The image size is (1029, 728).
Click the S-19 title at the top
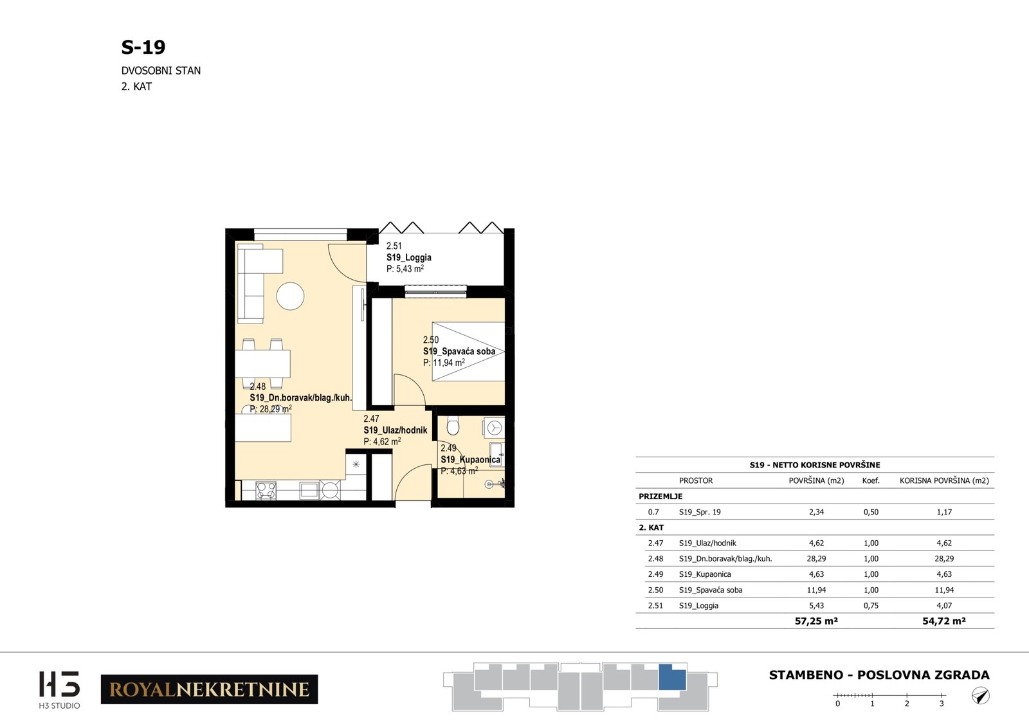point(143,47)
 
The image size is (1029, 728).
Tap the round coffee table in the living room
point(290,296)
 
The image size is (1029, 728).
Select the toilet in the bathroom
point(453,426)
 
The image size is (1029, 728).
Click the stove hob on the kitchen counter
point(266,490)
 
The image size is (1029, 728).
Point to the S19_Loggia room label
point(408,258)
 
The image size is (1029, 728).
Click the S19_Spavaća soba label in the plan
point(459,351)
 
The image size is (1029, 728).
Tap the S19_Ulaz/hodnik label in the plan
point(395,430)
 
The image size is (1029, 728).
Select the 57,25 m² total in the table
point(816,621)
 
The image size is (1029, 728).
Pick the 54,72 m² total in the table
point(944,621)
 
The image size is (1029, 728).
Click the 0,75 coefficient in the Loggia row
point(871,605)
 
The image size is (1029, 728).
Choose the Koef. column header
point(871,480)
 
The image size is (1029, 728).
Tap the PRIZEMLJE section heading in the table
point(660,496)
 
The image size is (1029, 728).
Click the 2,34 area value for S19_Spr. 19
point(816,512)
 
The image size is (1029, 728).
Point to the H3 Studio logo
point(59,689)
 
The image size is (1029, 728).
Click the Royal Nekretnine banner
point(210,689)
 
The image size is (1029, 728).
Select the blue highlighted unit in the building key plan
point(672,677)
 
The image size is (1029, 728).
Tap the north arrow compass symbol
point(980,696)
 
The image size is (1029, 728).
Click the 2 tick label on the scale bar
point(907,704)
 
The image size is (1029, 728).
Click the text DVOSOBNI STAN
point(161,71)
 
